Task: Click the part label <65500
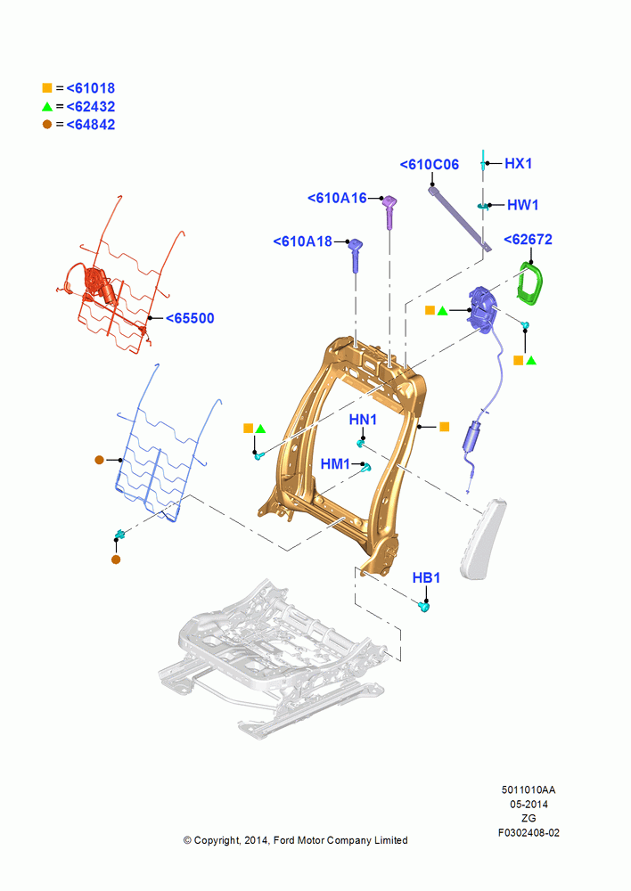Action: pyautogui.click(x=190, y=318)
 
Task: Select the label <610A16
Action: pyautogui.click(x=337, y=198)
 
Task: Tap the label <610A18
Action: pyautogui.click(x=302, y=241)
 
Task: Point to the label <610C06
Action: pyautogui.click(x=430, y=165)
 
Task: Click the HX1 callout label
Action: pyautogui.click(x=519, y=164)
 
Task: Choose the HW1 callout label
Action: pyautogui.click(x=522, y=205)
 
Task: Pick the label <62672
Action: pyautogui.click(x=529, y=240)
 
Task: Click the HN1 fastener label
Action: pyautogui.click(x=363, y=420)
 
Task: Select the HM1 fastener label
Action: pyautogui.click(x=335, y=464)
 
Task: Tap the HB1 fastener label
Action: pyautogui.click(x=426, y=578)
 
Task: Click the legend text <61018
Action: pyautogui.click(x=91, y=88)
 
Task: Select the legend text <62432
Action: pyautogui.click(x=91, y=107)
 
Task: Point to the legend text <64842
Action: pyautogui.click(x=91, y=125)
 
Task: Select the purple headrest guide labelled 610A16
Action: pyautogui.click(x=389, y=211)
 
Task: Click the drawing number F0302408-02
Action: pyautogui.click(x=529, y=833)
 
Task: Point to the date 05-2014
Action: pyautogui.click(x=529, y=804)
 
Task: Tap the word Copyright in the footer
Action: pyautogui.click(x=217, y=840)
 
